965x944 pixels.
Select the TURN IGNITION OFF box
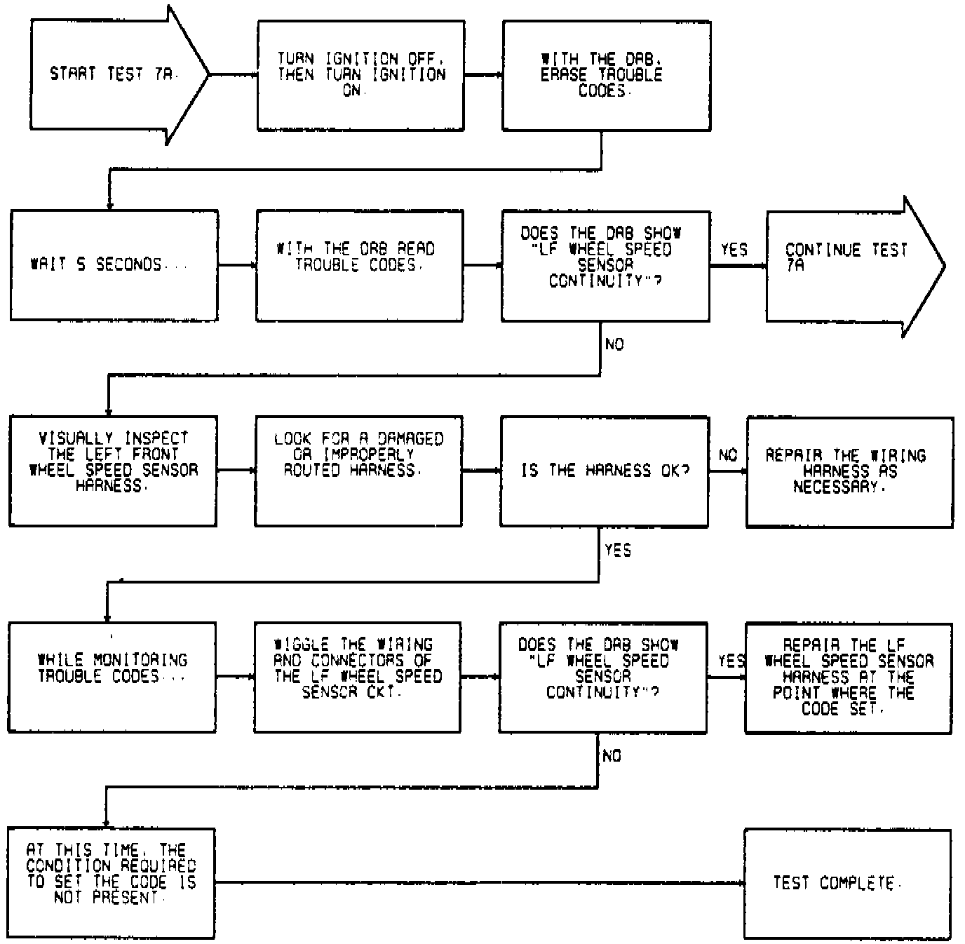[360, 75]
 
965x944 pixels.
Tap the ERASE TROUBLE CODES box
[606, 75]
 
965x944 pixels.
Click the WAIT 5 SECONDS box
[114, 265]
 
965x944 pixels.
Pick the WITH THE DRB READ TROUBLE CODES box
[359, 265]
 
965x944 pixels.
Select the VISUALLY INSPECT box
[113, 471]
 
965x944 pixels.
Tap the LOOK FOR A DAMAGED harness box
[358, 471]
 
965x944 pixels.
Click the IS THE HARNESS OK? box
[604, 471]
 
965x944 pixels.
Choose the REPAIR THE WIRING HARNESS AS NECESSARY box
[849, 471]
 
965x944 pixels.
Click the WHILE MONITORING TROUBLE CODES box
[112, 677]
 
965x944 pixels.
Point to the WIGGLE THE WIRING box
[358, 677]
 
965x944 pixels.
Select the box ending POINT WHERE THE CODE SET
[849, 677]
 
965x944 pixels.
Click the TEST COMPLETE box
[847, 883]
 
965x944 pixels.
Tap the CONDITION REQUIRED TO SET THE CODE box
[112, 883]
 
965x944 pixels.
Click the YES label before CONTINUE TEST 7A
[734, 250]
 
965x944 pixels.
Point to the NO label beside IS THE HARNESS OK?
[728, 455]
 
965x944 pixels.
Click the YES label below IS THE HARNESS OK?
[618, 551]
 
